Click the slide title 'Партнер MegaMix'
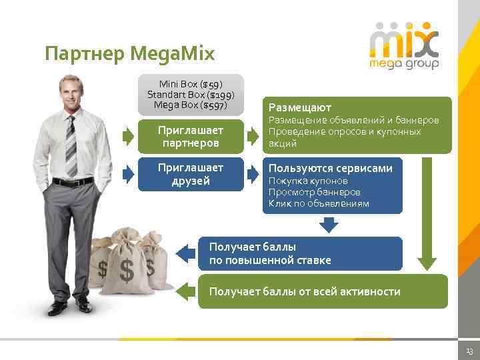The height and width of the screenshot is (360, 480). coord(130,53)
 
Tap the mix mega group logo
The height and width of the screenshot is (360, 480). coord(404,45)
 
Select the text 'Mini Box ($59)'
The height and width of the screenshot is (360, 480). coord(191,84)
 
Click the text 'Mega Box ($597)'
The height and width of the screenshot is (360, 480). coord(191,105)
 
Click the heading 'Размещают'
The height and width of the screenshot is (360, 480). coord(300,107)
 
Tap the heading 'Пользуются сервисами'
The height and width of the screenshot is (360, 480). coord(330,169)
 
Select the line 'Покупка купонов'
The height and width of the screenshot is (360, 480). coord(308,181)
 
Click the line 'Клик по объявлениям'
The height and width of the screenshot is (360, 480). coord(319,203)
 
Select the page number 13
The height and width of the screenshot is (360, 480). coord(469,351)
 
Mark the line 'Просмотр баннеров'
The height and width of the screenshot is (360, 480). coord(314,192)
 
